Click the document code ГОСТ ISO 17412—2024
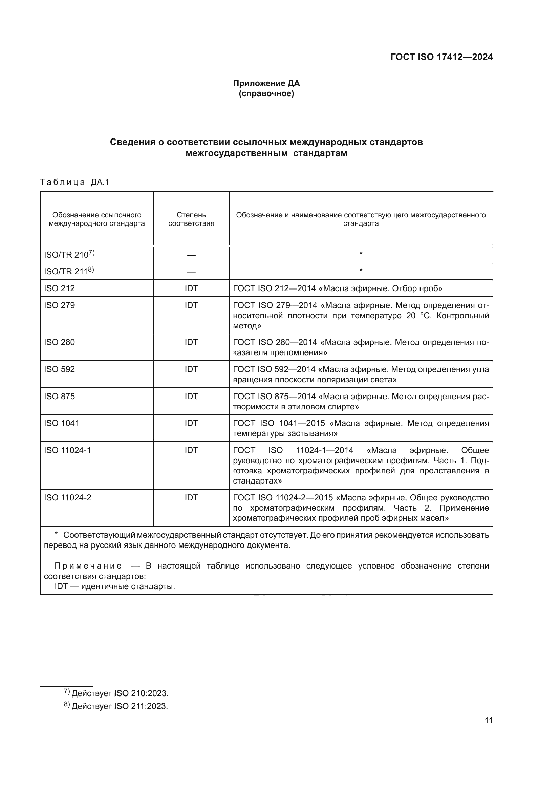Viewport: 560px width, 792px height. pos(441,57)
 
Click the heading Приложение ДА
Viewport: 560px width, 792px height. pos(266,83)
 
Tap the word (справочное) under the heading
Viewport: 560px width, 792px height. pos(266,94)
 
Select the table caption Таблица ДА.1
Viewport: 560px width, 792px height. pos(74,182)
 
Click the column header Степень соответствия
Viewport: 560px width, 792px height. pos(191,219)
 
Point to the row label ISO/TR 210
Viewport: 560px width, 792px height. pos(66,255)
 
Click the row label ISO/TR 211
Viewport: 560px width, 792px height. pos(66,272)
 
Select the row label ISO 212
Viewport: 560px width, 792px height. pos(59,288)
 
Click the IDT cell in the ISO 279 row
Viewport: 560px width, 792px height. pos(191,305)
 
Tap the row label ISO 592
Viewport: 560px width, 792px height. pos(59,369)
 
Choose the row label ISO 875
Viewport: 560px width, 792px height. pos(59,397)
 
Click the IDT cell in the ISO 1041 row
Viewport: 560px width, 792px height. pos(191,423)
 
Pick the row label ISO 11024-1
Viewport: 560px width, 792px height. pos(67,450)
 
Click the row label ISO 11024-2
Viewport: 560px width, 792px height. pos(67,498)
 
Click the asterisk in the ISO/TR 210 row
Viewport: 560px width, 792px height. pos(361,254)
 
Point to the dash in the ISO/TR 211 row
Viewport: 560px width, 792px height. pos(191,272)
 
